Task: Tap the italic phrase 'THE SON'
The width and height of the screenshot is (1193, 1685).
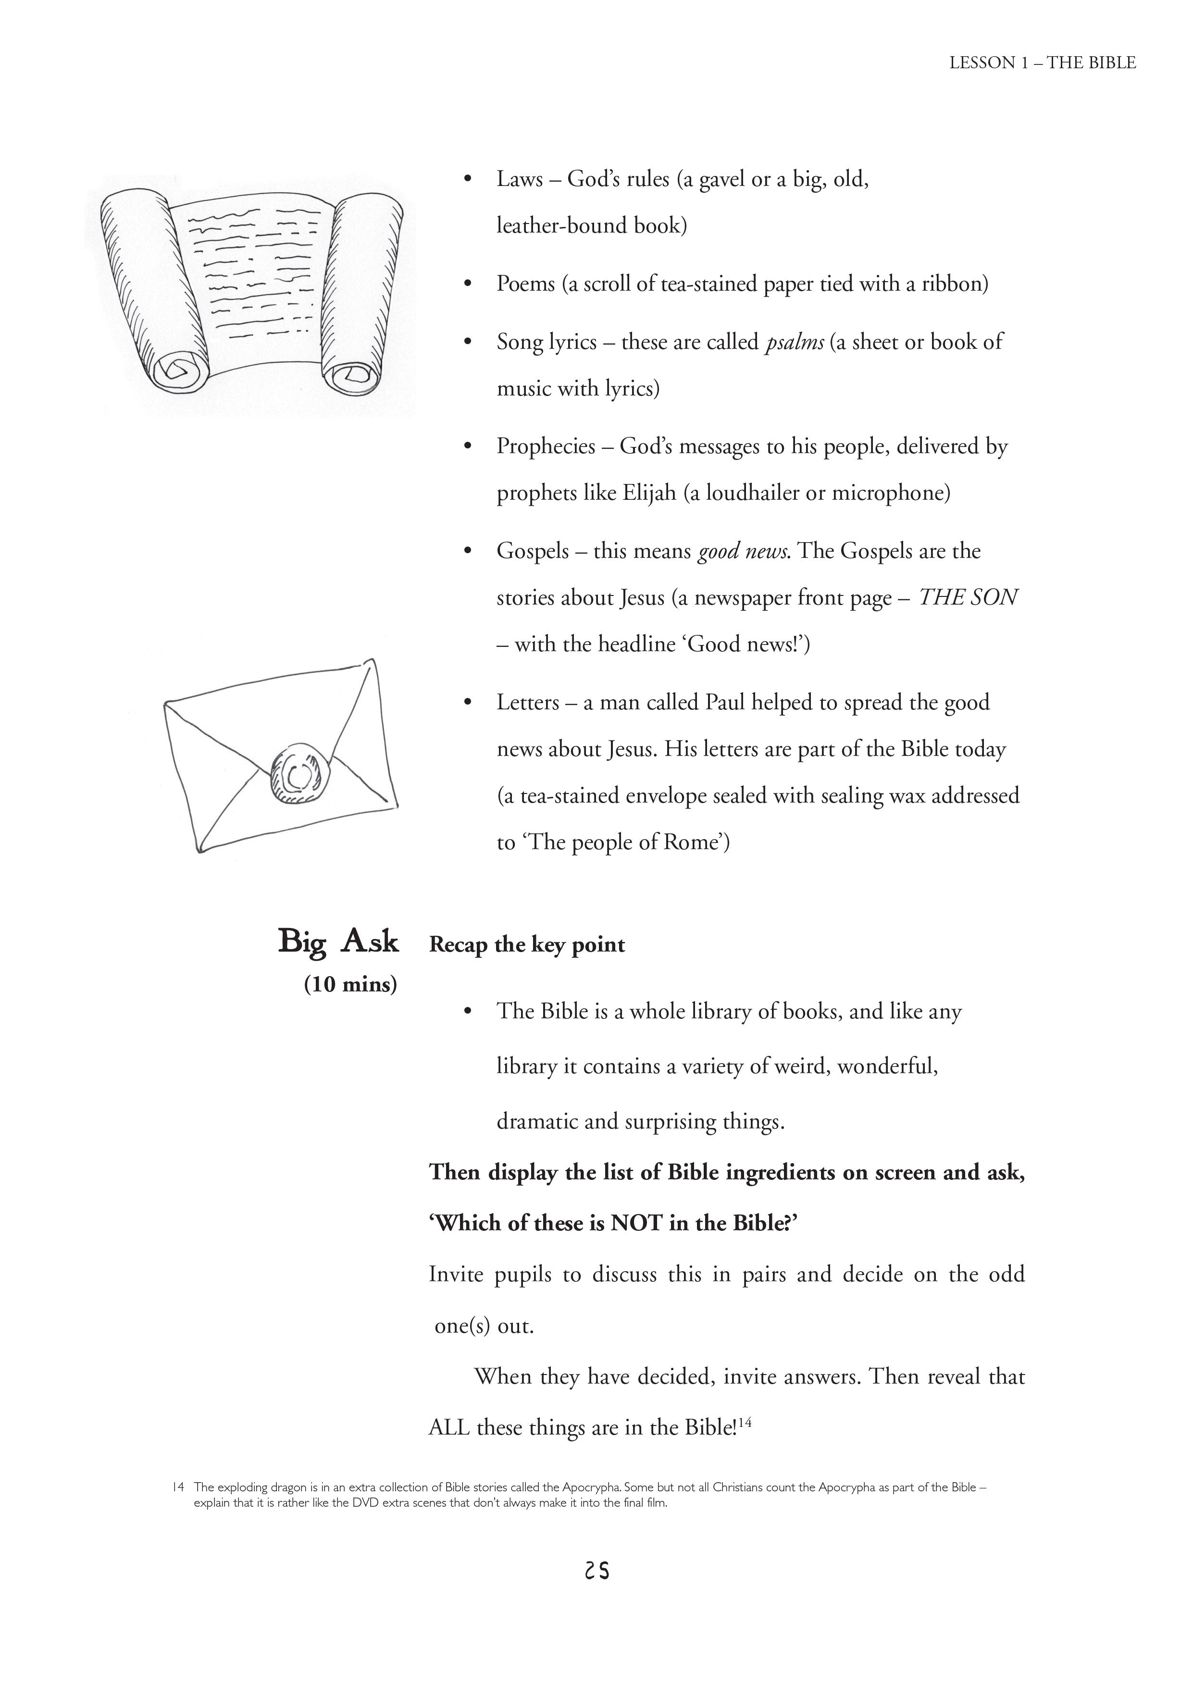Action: point(968,597)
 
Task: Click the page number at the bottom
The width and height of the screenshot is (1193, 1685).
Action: point(596,1571)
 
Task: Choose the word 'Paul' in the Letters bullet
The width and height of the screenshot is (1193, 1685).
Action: point(725,703)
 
